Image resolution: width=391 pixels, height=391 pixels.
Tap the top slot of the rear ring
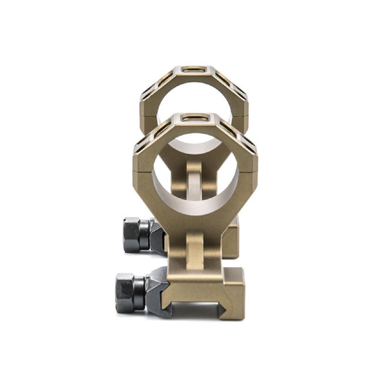click(192, 68)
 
